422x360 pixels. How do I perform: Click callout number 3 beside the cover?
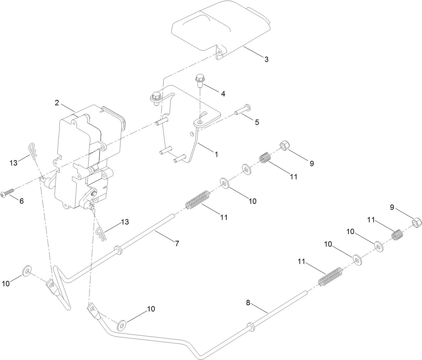pyautogui.click(x=266, y=59)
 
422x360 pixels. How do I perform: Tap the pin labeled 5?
pyautogui.click(x=243, y=110)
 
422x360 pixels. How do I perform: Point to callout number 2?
pyautogui.click(x=57, y=103)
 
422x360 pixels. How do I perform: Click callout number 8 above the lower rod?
pyautogui.click(x=248, y=303)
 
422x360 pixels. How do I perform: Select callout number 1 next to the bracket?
pyautogui.click(x=216, y=154)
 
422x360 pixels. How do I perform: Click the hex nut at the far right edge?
pyautogui.click(x=416, y=222)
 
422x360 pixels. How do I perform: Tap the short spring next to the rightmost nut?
pyautogui.click(x=398, y=234)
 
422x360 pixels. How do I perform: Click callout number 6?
pyautogui.click(x=21, y=201)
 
